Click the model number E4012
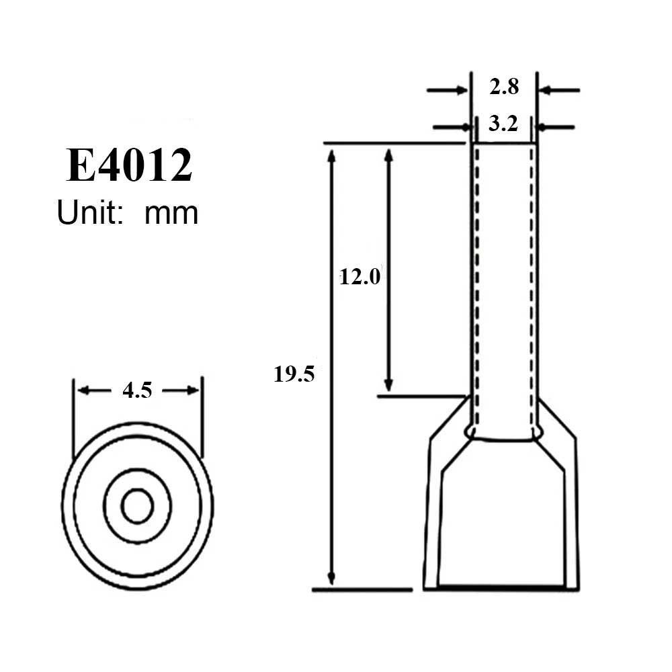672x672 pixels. click(x=129, y=166)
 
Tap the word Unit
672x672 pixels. click(x=85, y=213)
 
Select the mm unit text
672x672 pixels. click(x=171, y=214)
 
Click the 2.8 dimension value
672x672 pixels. click(x=503, y=87)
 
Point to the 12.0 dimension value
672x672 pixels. click(x=360, y=276)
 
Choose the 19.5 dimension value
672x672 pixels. click(x=294, y=374)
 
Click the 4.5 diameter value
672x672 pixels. click(x=137, y=390)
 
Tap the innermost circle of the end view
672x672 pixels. click(x=137, y=506)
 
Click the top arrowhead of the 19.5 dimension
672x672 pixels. click(x=330, y=155)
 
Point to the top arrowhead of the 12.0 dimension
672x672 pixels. click(x=388, y=155)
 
